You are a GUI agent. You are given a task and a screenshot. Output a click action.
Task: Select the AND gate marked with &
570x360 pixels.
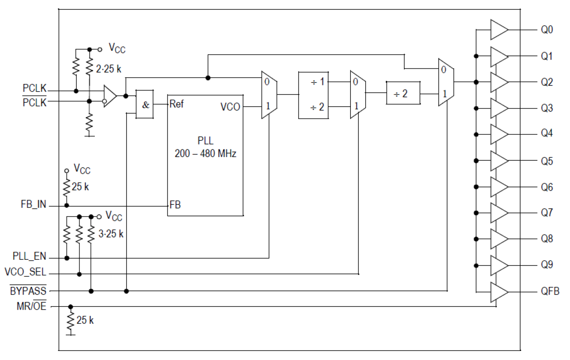click(x=145, y=104)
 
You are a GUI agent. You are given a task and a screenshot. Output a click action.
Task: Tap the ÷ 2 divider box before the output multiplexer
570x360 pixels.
click(x=403, y=94)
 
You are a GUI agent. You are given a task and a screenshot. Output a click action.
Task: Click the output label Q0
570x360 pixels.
click(x=546, y=30)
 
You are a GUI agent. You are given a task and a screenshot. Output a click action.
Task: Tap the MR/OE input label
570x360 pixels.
click(x=31, y=306)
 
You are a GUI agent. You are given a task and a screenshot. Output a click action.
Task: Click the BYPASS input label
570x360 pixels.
click(x=28, y=291)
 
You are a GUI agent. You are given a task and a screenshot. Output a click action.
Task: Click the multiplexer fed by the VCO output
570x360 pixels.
click(x=269, y=94)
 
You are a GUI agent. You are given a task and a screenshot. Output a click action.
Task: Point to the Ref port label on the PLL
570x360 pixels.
click(x=177, y=104)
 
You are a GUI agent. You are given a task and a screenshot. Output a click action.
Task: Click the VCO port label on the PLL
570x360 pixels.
click(x=230, y=107)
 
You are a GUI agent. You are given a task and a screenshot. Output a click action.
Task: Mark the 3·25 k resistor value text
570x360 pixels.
click(x=111, y=235)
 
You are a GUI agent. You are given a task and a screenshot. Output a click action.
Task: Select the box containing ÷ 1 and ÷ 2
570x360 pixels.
click(x=313, y=94)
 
